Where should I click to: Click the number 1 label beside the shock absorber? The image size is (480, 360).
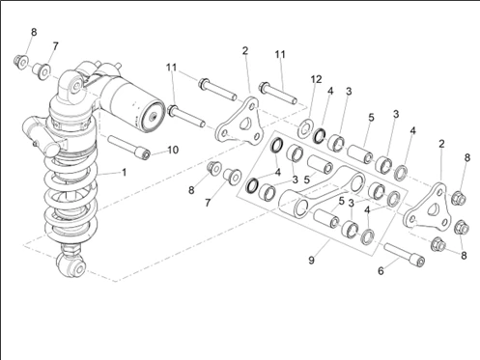(125, 173)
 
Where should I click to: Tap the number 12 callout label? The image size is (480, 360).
(316, 79)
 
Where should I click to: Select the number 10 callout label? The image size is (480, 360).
(173, 150)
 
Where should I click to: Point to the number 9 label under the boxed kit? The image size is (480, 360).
(311, 260)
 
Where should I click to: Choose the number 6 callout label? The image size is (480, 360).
(381, 271)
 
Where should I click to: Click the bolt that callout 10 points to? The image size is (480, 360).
(129, 148)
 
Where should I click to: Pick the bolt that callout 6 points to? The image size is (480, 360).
(405, 253)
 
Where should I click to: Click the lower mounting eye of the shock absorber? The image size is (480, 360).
(72, 264)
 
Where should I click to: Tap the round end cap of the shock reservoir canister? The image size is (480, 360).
(153, 117)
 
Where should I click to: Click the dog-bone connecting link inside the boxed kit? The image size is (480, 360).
(322, 190)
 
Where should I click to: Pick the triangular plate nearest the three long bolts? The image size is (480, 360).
(239, 122)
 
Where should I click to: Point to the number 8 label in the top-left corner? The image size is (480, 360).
(34, 32)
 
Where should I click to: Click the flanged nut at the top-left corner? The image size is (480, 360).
(21, 62)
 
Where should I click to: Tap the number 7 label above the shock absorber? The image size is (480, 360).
(55, 46)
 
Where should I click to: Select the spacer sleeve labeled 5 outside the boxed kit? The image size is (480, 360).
(360, 153)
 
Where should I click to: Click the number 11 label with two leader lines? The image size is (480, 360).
(172, 68)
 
